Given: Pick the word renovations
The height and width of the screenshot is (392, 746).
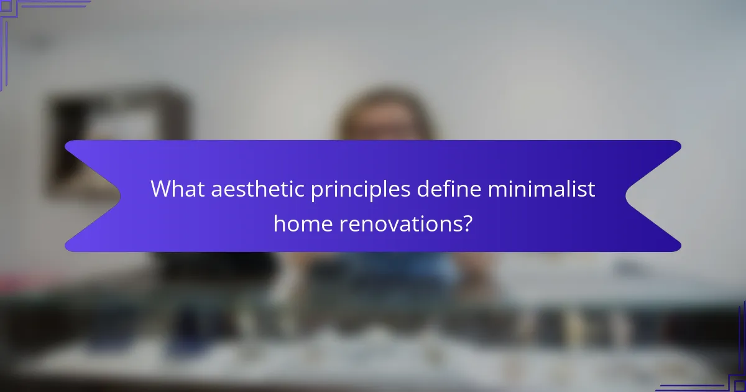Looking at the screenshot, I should tap(398, 223).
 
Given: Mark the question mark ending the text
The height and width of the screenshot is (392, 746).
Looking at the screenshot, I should tap(466, 223).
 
